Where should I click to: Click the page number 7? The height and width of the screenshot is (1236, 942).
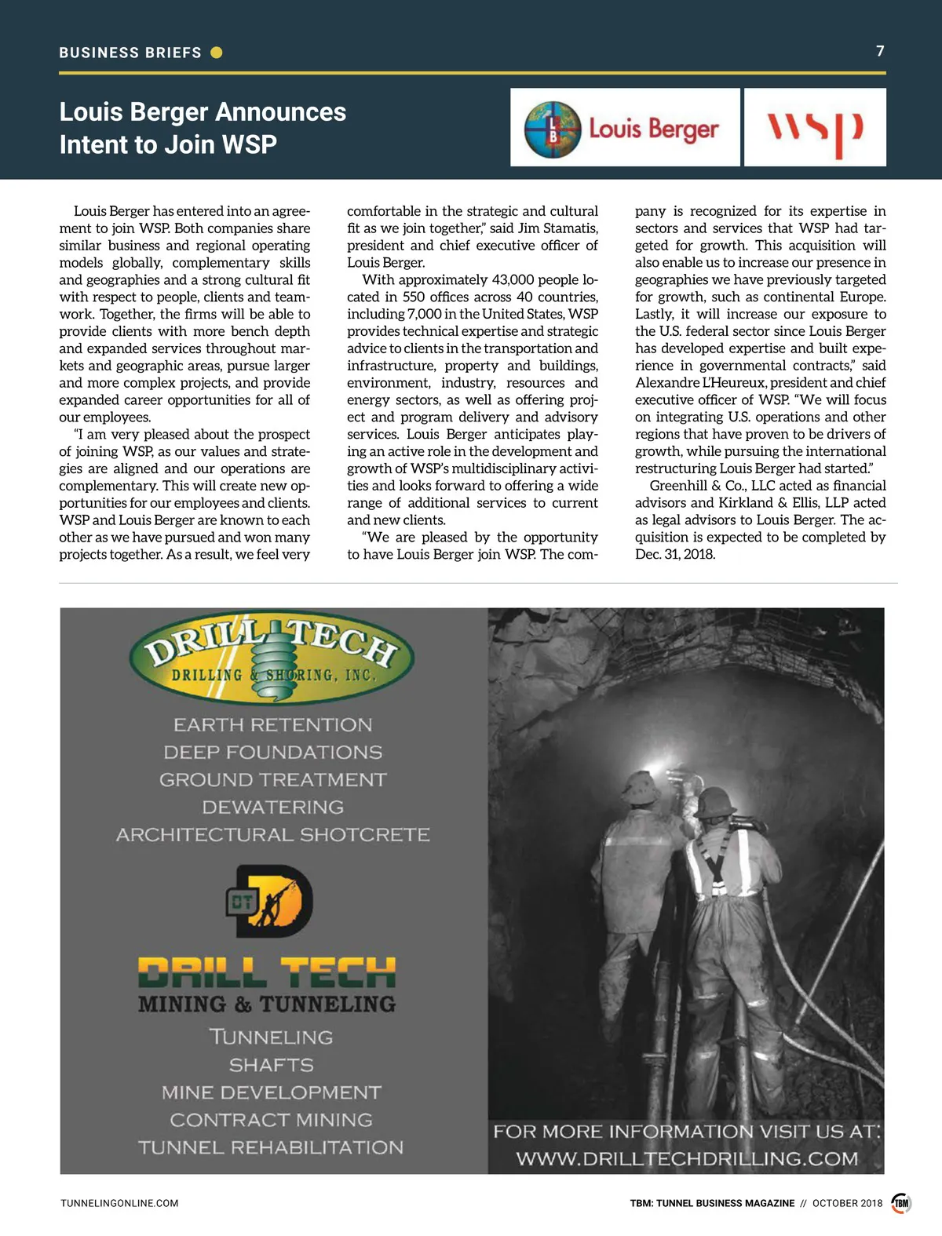point(880,51)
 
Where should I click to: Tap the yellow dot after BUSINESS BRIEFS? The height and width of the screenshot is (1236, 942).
point(217,53)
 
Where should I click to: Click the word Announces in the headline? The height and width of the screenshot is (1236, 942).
point(280,111)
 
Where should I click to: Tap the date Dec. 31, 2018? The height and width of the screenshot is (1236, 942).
point(675,554)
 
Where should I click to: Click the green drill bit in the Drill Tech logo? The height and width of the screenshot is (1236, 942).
point(272,663)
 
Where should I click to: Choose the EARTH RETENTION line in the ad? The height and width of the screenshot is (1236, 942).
point(272,724)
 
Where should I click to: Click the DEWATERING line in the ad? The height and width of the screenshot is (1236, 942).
point(272,807)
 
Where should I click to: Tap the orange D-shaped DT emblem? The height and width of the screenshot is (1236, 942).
point(272,902)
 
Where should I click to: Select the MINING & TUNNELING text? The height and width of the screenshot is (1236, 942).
point(267,1004)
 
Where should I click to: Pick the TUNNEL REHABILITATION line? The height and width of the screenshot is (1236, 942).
point(271,1147)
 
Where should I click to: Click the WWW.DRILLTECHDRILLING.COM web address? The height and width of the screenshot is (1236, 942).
point(687,1159)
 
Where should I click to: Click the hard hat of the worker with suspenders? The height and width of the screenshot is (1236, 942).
point(715,803)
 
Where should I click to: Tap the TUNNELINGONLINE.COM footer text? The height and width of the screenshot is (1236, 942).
point(119,1203)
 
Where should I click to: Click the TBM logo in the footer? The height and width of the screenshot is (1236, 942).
point(901,1203)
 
